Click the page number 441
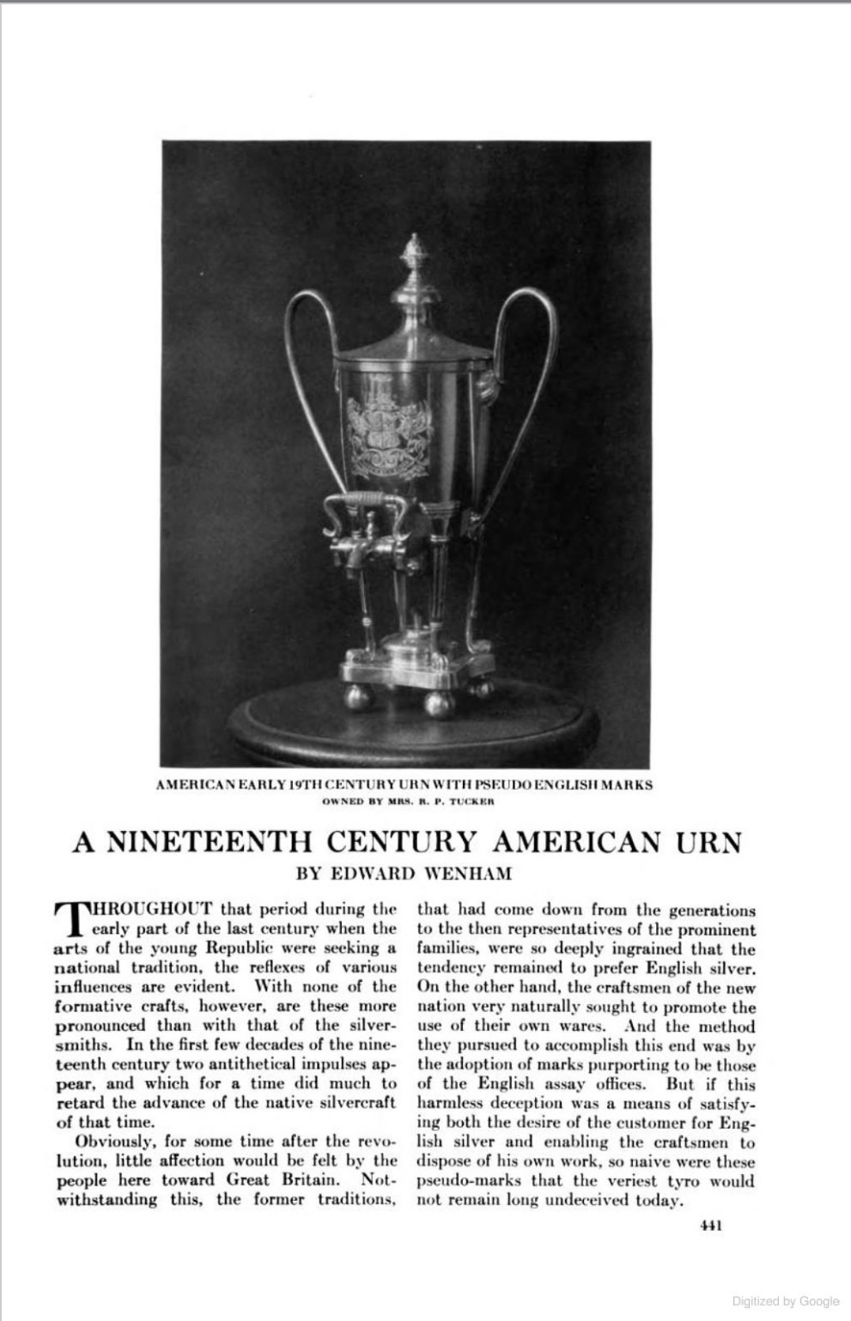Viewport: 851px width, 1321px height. [x=710, y=1226]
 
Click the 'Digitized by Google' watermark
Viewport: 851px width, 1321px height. [x=785, y=1301]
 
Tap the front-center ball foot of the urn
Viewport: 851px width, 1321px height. [x=438, y=703]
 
